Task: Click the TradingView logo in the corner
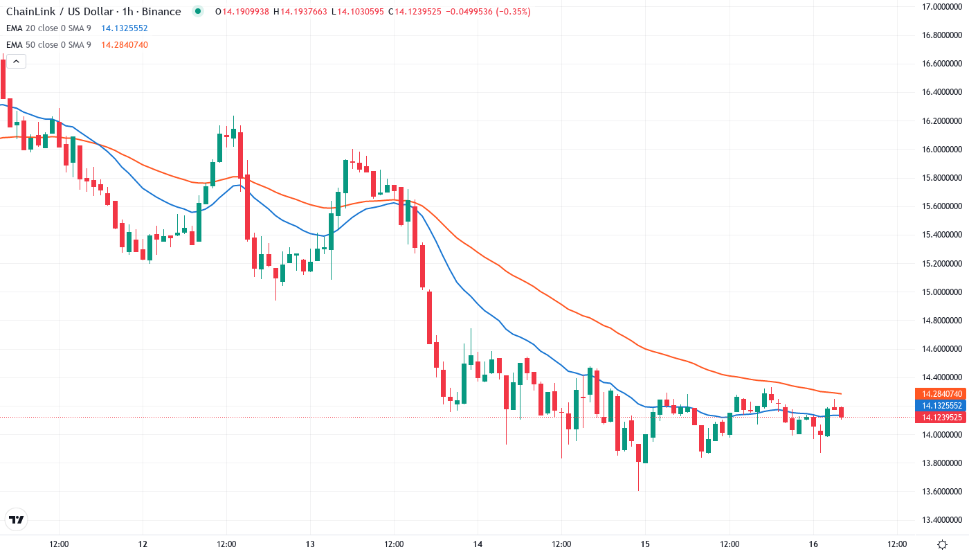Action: [17, 519]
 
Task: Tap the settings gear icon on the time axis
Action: [942, 544]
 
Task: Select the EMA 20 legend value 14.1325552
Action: [124, 28]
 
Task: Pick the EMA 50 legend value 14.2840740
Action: [124, 45]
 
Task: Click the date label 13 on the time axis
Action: [310, 544]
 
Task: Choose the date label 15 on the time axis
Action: [645, 544]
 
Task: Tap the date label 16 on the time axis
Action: [813, 544]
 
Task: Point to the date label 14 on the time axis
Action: [478, 544]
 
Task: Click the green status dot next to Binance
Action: [199, 12]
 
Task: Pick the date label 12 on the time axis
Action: [143, 544]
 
